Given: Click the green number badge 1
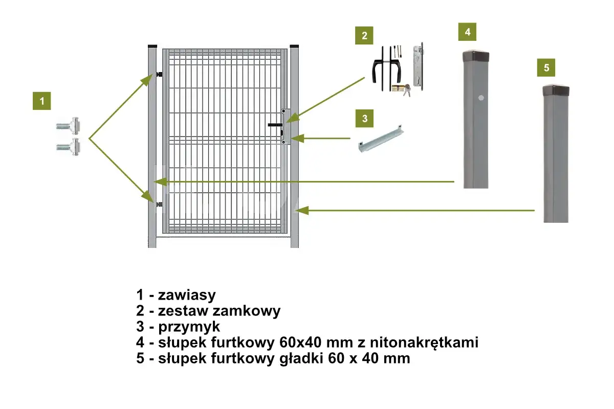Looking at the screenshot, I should [x=42, y=101].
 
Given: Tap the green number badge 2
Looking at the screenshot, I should [x=364, y=35].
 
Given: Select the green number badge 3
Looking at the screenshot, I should [x=364, y=119].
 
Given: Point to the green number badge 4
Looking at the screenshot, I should [x=467, y=32].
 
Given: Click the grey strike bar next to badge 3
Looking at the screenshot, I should [x=380, y=139].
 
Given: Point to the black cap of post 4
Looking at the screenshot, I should [x=476, y=55].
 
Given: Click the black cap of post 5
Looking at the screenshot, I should [x=556, y=91].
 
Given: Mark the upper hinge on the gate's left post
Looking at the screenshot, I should [x=159, y=76].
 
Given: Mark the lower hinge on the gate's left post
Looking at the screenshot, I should [x=159, y=205].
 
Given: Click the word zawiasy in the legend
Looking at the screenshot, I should [x=187, y=295].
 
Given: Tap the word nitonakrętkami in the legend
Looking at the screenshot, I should [x=419, y=343].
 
